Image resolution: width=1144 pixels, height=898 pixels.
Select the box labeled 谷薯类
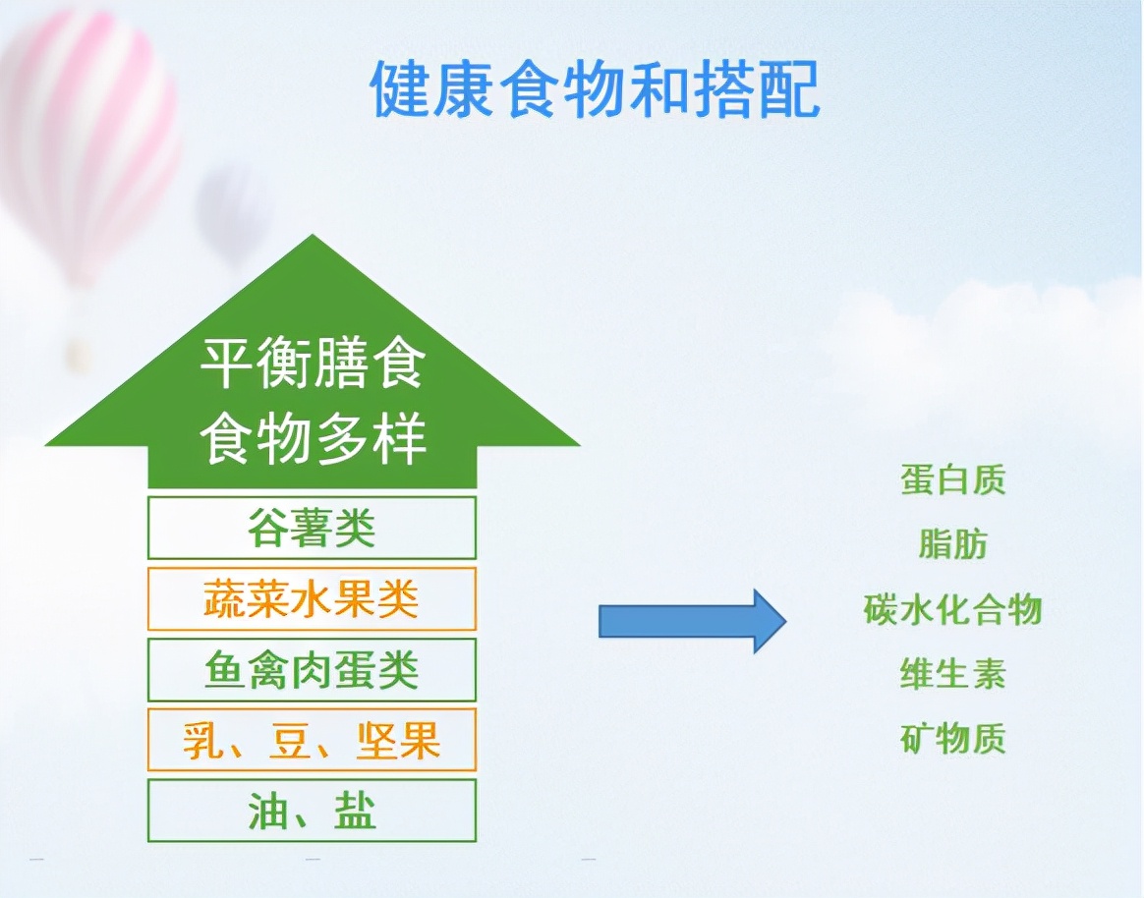(x=312, y=529)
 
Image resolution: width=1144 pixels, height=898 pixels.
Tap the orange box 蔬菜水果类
(x=312, y=599)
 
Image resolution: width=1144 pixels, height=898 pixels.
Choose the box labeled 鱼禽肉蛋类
(x=312, y=670)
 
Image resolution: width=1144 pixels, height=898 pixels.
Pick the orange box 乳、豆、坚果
(x=312, y=741)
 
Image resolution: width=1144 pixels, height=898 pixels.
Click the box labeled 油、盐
(x=312, y=812)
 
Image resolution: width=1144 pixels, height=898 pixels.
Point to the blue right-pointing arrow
(x=693, y=620)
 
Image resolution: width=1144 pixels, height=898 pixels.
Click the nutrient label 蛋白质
(x=952, y=480)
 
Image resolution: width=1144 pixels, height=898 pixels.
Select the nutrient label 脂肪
(x=952, y=544)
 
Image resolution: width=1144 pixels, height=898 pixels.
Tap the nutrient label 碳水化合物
(x=952, y=609)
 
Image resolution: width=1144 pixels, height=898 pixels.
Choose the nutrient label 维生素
(x=952, y=674)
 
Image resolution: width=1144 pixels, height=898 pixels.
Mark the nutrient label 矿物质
(x=952, y=739)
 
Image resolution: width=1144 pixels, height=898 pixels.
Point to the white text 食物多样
(x=312, y=439)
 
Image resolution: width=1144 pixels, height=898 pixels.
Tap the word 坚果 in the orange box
(x=398, y=741)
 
